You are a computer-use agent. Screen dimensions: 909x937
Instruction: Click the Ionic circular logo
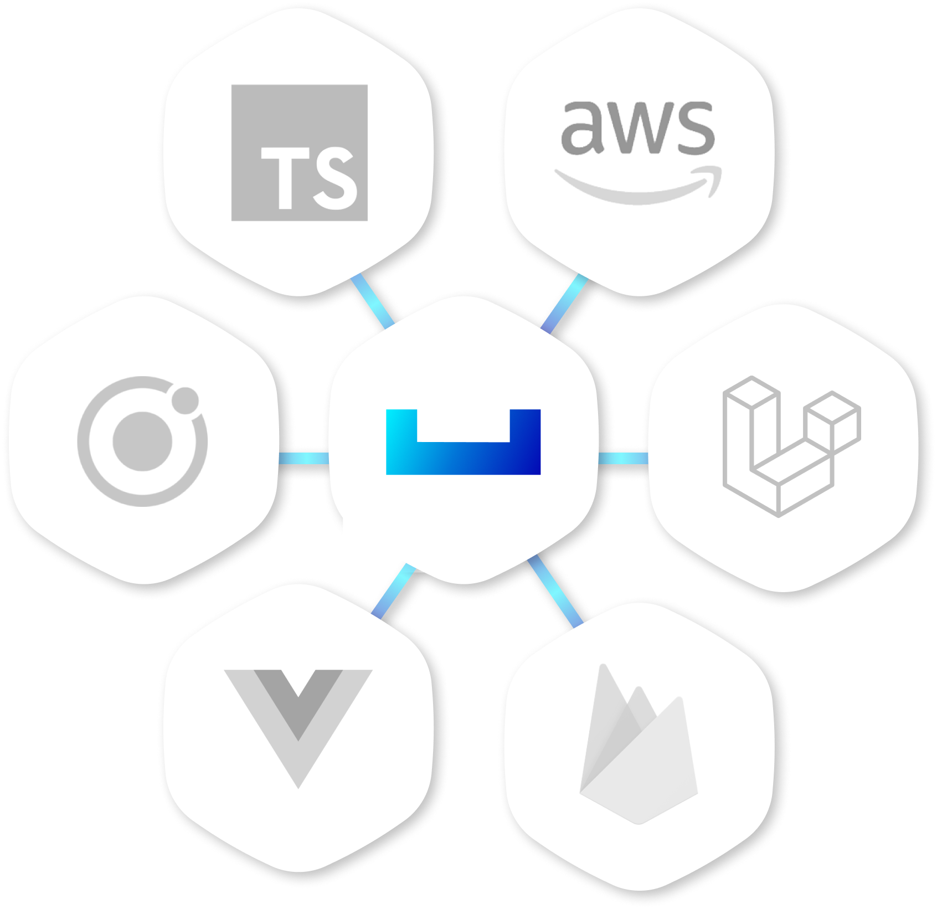tap(142, 441)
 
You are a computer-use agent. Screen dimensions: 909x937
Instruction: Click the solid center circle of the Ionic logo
tap(142, 441)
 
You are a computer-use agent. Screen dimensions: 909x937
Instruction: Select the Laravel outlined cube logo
tap(791, 446)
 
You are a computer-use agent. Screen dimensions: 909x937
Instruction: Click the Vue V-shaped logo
tap(298, 764)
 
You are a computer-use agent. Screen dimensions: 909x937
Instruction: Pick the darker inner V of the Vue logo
tap(298, 703)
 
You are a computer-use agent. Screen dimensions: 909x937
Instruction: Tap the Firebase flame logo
tap(638, 748)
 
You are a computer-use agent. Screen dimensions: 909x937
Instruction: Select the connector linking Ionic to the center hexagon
tap(303, 458)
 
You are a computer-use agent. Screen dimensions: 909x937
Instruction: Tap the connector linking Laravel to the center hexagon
tap(623, 458)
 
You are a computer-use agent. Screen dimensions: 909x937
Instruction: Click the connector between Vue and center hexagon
tap(394, 591)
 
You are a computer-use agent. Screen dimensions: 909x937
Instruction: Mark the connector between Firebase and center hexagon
tap(555, 592)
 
